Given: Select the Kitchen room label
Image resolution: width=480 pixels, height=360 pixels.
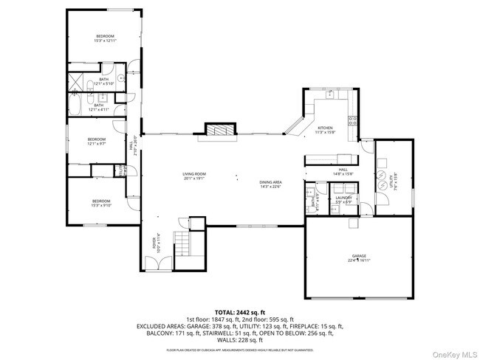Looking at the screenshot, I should [x=326, y=130].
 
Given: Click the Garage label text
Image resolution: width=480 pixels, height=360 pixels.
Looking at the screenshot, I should [x=360, y=257].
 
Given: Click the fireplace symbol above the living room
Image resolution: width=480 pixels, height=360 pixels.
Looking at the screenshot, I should [x=219, y=131].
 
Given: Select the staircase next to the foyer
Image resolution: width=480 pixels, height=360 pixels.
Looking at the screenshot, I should [x=182, y=241].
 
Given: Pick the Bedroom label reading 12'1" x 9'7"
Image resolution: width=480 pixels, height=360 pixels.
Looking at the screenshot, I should [x=97, y=141].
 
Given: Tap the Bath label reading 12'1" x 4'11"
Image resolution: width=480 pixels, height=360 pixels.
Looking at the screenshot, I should [x=99, y=107].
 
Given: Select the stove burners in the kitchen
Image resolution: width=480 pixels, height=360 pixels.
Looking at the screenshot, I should [x=352, y=121].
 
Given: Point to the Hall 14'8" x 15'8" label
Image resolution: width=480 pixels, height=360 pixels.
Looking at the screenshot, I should [x=343, y=172].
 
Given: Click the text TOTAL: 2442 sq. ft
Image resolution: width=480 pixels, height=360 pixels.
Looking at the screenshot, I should [x=240, y=313].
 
